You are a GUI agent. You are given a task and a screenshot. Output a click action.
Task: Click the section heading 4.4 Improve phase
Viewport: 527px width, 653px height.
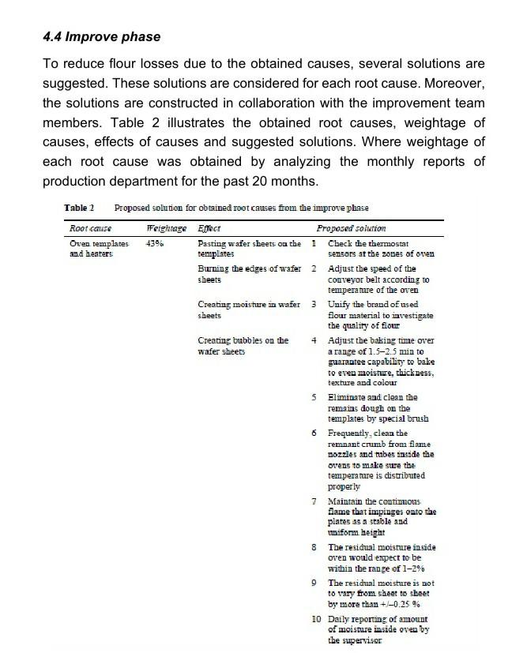click(101, 36)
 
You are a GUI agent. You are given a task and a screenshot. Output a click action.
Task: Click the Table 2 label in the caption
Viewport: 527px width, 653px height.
click(79, 208)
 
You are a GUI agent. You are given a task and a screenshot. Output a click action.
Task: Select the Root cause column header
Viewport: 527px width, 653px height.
click(90, 228)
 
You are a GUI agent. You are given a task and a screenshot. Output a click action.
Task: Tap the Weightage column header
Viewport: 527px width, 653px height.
click(166, 228)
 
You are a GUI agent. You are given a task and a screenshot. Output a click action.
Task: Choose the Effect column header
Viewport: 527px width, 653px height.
click(209, 228)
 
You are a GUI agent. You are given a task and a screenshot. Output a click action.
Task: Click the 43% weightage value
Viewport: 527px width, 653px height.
click(155, 244)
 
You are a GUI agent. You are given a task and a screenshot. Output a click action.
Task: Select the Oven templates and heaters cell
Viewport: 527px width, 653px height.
click(98, 249)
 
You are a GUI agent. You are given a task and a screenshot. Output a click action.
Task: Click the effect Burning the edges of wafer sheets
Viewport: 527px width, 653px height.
click(248, 274)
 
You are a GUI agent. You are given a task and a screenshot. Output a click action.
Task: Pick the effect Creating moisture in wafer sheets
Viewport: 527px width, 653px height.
click(247, 309)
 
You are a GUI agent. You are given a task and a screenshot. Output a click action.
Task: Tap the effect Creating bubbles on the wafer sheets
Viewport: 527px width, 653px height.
click(243, 345)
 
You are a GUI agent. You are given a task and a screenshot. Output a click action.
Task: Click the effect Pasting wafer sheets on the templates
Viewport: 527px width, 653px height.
click(248, 249)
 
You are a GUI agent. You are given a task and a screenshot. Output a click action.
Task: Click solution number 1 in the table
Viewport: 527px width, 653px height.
click(314, 243)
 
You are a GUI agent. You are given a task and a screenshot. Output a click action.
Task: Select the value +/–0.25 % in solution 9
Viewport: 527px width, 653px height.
click(402, 604)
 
